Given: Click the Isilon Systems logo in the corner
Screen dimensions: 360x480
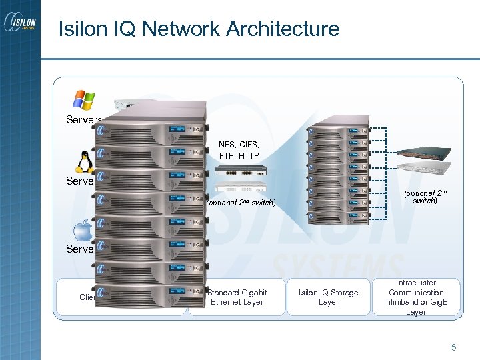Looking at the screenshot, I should (x=20, y=27).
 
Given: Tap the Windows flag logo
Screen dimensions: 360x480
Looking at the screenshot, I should (x=84, y=99).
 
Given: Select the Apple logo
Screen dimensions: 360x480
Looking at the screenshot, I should (x=83, y=231).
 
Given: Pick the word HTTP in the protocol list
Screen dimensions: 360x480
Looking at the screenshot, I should (x=248, y=155).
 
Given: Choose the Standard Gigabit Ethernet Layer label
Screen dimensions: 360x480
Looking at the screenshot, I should (x=237, y=297).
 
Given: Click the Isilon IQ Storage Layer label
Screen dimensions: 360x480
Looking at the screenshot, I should (x=328, y=297).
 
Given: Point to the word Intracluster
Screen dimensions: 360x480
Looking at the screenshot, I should (x=416, y=283).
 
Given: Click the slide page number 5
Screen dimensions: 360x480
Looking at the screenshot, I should (x=453, y=347).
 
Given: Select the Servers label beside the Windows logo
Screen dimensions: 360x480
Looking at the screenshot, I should (x=83, y=120).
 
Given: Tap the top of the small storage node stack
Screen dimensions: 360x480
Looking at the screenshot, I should (x=338, y=127).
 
